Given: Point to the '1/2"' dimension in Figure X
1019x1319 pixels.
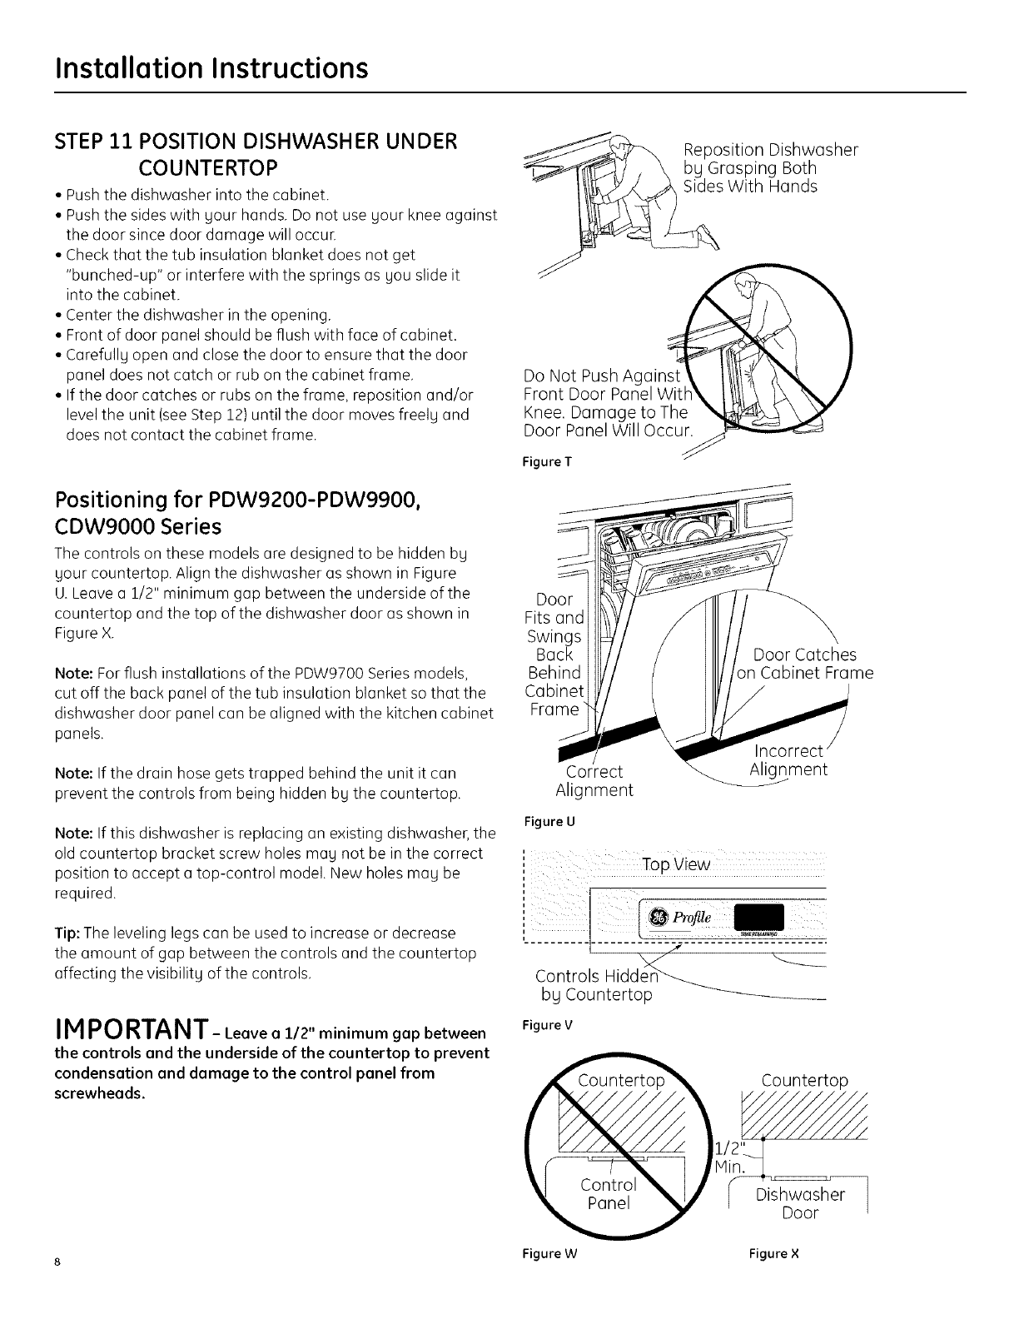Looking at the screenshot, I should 729,1150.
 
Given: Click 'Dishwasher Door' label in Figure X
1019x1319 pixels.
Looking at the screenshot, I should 800,1203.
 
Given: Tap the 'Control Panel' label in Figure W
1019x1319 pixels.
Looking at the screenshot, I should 607,1193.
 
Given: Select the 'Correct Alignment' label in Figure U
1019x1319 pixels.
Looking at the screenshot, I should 594,780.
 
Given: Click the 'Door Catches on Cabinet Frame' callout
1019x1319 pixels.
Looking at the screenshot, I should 804,664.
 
